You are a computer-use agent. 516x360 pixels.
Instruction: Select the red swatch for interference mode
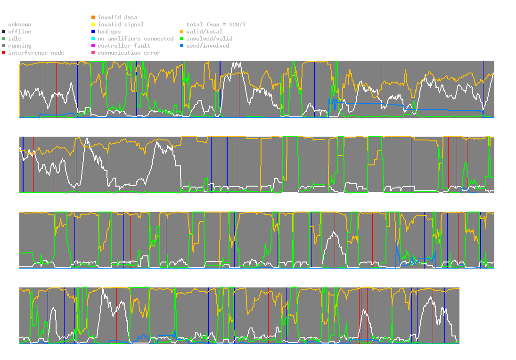[4, 53]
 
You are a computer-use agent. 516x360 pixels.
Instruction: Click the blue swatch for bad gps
[93, 32]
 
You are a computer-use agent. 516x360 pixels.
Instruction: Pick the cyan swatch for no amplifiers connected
[93, 39]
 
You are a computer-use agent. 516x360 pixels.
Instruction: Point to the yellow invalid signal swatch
[93, 25]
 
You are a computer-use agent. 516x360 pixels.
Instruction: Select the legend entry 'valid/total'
[204, 32]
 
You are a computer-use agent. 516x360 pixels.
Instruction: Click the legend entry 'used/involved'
[207, 46]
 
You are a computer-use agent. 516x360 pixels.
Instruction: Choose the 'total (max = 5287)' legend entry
[216, 25]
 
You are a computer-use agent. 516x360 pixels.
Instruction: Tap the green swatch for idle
[4, 39]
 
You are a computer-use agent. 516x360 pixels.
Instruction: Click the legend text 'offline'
[20, 32]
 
